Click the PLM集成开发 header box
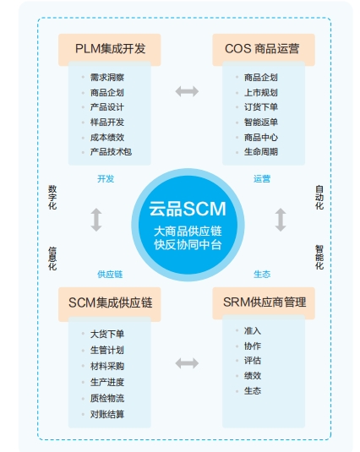pos(110,49)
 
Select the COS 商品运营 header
pos(264,49)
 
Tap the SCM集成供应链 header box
pos(110,303)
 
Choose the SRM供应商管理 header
pos(264,302)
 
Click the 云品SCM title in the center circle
pos(188,209)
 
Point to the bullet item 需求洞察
pos(107,77)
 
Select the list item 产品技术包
pos(111,151)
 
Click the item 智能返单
pos(261,122)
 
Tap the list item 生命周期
pos(261,151)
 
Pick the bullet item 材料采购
pos(107,366)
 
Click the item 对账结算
pos(107,414)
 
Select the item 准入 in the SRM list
pos(252,330)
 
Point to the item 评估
pos(252,360)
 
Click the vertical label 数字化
pos(52,198)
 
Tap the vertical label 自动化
pos(319,198)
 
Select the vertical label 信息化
pos(52,259)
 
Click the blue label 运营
pos(262,179)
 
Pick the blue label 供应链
pos(110,274)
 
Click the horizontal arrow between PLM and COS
pos(187,91)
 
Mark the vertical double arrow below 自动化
pos(281,220)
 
